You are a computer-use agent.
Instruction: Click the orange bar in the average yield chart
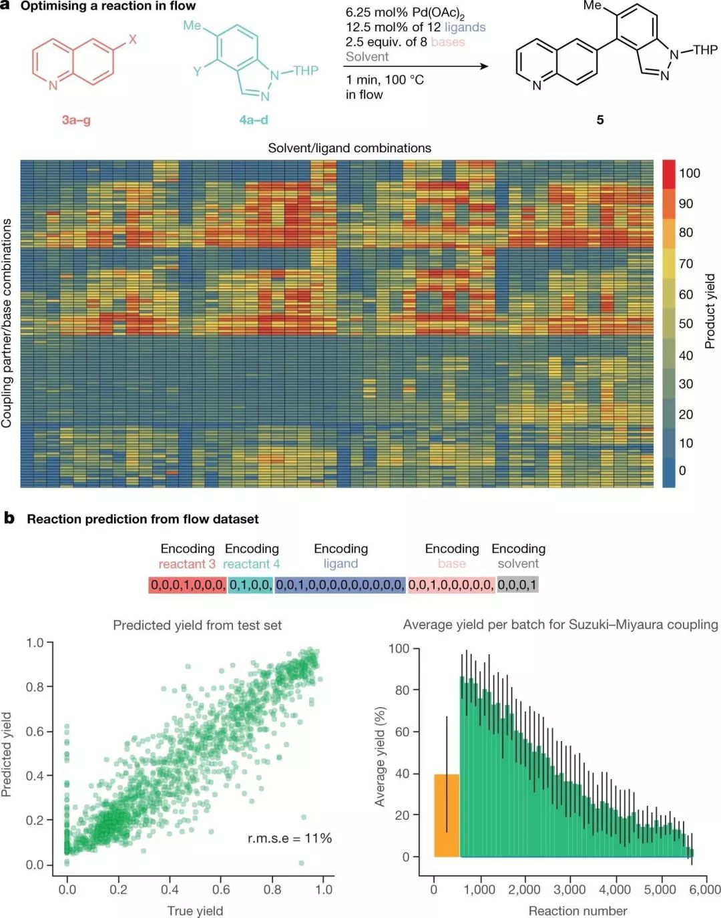click(447, 815)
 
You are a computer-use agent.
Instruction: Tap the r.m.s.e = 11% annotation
click(289, 838)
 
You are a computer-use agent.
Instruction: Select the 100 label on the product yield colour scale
click(689, 174)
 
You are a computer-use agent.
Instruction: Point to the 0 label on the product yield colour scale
click(682, 471)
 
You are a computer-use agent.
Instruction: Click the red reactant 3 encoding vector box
click(188, 585)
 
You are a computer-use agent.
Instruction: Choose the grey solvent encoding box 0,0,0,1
click(517, 585)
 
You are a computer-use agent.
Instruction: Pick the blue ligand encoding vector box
click(340, 585)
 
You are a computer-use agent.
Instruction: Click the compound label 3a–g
click(76, 120)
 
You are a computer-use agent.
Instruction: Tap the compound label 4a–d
click(254, 120)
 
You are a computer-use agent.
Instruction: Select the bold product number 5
click(600, 120)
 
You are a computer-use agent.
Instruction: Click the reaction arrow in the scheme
click(417, 66)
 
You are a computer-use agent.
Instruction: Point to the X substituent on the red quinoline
click(132, 39)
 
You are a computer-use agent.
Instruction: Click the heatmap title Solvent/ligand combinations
click(349, 148)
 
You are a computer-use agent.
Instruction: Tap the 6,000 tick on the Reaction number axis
click(705, 890)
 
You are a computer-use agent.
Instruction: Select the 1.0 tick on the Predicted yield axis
click(35, 643)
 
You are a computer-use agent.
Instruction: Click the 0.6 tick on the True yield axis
click(221, 890)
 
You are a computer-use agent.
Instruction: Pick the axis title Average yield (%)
click(381, 756)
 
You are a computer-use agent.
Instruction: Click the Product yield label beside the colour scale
click(710, 310)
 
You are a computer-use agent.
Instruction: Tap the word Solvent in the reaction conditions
click(367, 57)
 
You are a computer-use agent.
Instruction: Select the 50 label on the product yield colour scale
click(686, 324)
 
